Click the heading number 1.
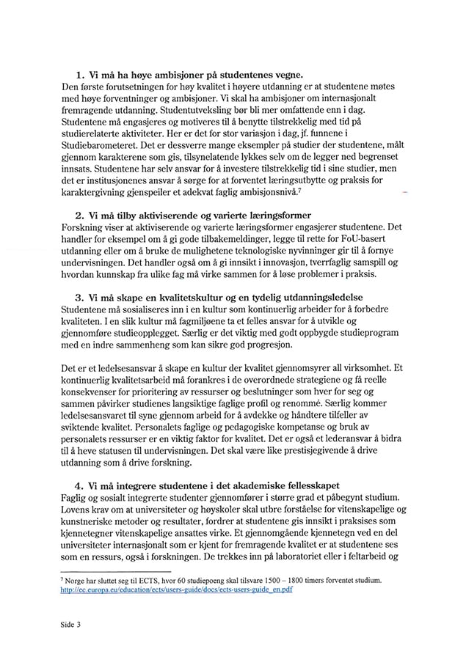click(79, 75)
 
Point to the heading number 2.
click(79, 216)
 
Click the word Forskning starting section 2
click(85, 227)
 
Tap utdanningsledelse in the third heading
click(332, 299)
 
